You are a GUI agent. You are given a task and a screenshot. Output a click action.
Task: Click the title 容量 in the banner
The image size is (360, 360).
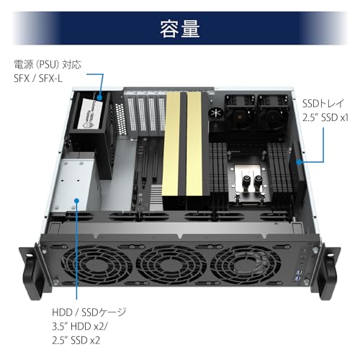click(x=180, y=29)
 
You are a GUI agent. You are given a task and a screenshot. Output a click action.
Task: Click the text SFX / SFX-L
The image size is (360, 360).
click(x=38, y=78)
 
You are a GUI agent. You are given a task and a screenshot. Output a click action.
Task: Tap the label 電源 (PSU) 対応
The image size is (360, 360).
click(x=48, y=65)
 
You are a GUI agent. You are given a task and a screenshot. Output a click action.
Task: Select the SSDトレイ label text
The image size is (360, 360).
click(x=323, y=104)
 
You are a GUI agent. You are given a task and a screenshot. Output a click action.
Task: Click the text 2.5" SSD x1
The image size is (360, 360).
click(x=325, y=117)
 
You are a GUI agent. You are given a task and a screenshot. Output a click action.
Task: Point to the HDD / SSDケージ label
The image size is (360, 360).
click(x=89, y=312)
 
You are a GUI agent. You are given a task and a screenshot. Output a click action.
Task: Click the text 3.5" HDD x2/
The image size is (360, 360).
click(x=80, y=326)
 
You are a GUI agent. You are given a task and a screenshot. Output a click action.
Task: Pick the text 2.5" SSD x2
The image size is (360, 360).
click(x=76, y=341)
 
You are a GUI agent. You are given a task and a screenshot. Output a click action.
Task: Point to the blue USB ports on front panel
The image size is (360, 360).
click(x=299, y=275)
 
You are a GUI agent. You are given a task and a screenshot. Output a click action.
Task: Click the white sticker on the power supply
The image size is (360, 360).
click(x=90, y=114)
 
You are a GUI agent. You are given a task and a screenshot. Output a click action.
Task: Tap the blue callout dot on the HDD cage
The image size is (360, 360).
click(x=76, y=200)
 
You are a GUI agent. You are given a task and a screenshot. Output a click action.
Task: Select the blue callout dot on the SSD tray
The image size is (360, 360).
click(x=299, y=162)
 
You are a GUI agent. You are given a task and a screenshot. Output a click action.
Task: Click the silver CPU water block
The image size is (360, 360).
click(x=250, y=183)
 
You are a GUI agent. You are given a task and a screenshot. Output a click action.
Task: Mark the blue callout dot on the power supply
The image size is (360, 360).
click(x=100, y=98)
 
